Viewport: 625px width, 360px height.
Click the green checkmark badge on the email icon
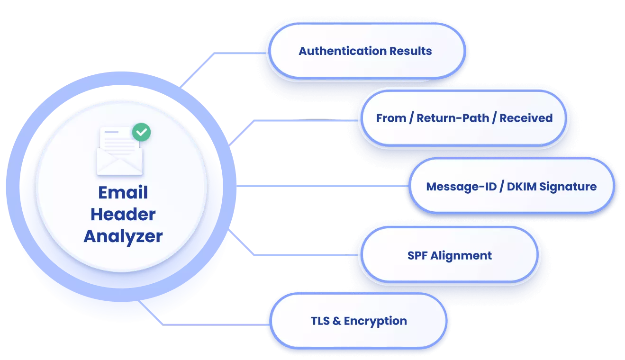coord(141,132)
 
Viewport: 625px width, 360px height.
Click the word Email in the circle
coord(123,193)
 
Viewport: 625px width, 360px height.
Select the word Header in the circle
coord(123,215)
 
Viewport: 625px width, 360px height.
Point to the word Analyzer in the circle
coord(123,236)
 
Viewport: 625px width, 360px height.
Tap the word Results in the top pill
coord(410,51)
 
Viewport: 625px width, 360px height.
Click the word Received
coord(526,118)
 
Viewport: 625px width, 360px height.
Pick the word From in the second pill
coord(391,118)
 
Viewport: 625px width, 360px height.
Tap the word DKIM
coord(522,187)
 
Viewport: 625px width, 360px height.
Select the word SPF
coord(417,256)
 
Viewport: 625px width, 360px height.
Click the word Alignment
coord(461,256)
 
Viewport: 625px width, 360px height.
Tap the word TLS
coord(321,321)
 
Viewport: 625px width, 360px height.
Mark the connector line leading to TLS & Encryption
coord(213,324)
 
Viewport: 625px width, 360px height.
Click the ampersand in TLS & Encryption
coord(337,321)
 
